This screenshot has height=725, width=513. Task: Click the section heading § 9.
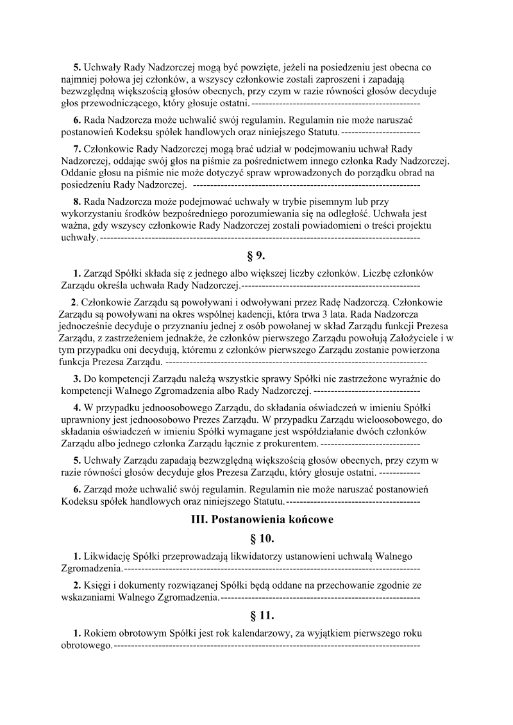coord(256,256)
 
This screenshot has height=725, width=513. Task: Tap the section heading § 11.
coord(256,615)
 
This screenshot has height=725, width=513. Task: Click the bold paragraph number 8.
coord(77,202)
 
